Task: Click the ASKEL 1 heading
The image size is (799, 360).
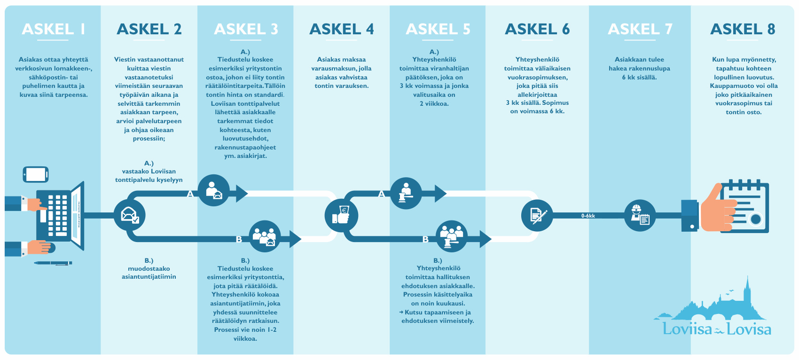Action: (x=53, y=29)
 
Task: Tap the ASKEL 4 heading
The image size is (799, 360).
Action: (x=342, y=29)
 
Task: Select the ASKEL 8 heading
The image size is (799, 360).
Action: (x=743, y=29)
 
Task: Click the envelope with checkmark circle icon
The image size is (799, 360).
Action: (x=129, y=215)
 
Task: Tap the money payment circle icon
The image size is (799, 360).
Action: (x=342, y=216)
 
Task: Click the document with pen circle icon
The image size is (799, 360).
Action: (x=537, y=215)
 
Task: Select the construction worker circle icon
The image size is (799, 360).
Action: (x=640, y=216)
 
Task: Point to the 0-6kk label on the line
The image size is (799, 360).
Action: (x=588, y=216)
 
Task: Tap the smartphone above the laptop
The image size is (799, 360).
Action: (x=36, y=174)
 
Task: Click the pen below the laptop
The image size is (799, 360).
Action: (x=53, y=263)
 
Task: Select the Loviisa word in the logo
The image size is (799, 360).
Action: (x=687, y=329)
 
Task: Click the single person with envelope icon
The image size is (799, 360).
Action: (x=214, y=190)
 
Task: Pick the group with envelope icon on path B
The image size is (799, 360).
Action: (x=265, y=236)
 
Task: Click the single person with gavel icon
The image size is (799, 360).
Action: (x=406, y=193)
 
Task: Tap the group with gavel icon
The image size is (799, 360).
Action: (x=452, y=236)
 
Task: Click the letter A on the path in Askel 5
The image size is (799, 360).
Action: (x=382, y=194)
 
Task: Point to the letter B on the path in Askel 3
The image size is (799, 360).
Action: (x=239, y=240)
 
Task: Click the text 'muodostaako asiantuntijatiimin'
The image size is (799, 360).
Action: (x=149, y=273)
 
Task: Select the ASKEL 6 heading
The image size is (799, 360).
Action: (x=537, y=29)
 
